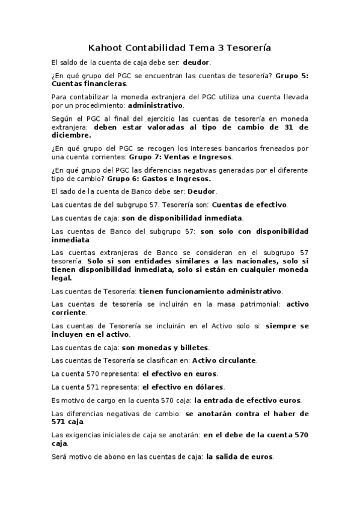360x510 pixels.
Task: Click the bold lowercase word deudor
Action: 197,62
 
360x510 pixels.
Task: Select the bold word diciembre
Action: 72,135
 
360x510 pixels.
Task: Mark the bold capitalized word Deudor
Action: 202,191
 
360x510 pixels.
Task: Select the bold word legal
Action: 62,278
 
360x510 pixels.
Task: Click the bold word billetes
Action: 191,347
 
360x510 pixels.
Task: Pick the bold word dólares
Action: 206,387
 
